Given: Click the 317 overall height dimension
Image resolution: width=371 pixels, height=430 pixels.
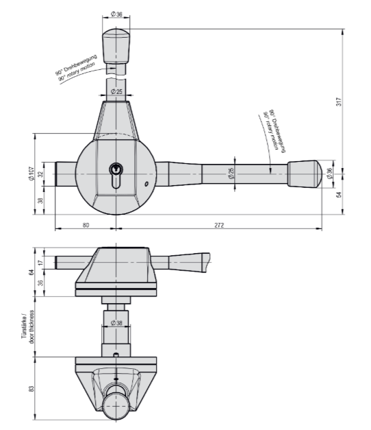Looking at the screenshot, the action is (x=339, y=101).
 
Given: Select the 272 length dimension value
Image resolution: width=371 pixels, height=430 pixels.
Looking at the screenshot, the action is (x=219, y=225).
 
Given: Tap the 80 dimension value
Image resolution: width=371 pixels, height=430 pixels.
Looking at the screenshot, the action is (x=86, y=225).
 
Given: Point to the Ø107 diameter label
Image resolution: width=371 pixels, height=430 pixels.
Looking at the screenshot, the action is (x=31, y=174).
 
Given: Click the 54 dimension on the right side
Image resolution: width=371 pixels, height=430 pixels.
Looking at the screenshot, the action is (x=339, y=195).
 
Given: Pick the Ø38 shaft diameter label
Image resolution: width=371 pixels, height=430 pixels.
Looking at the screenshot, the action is (x=116, y=323).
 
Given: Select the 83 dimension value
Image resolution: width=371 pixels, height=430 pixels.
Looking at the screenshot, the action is (x=31, y=389).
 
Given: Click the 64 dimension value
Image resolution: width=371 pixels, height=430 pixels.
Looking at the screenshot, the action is (x=31, y=272).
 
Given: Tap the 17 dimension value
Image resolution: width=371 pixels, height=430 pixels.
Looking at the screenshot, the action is (x=40, y=263).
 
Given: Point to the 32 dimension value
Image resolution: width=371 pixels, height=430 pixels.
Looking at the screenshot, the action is (x=40, y=174).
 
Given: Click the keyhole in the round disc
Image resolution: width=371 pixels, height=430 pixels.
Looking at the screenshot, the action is (x=116, y=176).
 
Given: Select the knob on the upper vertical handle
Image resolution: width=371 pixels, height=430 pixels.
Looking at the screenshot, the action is (x=116, y=46).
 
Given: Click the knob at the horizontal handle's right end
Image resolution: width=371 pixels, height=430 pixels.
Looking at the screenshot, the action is (x=304, y=174).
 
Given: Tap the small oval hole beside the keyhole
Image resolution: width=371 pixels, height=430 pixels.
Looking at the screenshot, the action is (x=146, y=184).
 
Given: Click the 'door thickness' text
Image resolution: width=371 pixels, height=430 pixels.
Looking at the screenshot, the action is (x=32, y=327).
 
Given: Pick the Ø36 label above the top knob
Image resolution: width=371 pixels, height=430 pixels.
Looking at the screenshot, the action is (x=116, y=14).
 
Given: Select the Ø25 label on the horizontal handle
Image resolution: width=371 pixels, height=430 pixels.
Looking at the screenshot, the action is (x=231, y=174).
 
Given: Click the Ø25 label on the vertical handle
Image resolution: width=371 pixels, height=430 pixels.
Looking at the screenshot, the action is (x=116, y=91).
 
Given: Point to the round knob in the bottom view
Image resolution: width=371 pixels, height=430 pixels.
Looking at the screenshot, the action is (x=116, y=406).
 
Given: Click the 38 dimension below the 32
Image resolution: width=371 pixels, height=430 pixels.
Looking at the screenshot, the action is (x=40, y=200).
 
